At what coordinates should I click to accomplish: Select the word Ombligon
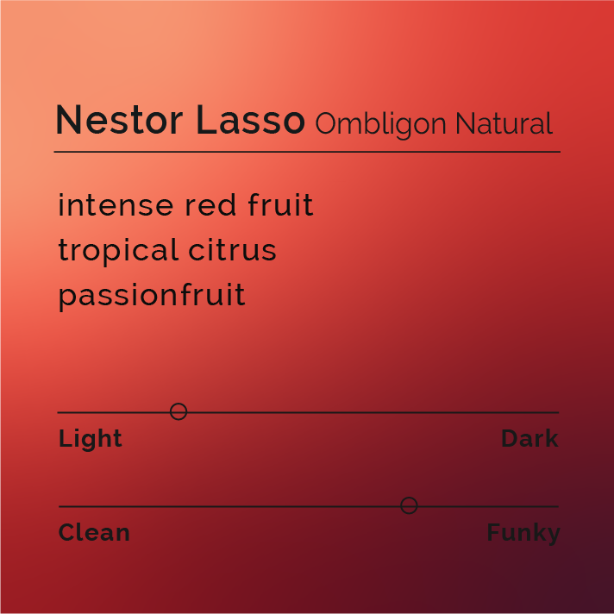point(380,125)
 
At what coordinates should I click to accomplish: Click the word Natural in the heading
point(504,124)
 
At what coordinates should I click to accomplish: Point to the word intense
point(116,206)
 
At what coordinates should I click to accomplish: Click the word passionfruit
point(152,296)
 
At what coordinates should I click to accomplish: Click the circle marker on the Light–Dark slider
point(179,411)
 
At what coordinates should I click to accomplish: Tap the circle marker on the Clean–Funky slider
point(409,505)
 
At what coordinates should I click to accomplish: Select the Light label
point(91,439)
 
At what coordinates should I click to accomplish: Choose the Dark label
point(529,439)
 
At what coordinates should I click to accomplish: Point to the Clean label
point(94,533)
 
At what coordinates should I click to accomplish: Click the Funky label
point(523,533)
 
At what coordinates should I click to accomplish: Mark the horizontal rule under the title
point(307,152)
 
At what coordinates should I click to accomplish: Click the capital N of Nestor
point(68,121)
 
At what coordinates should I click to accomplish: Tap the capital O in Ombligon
point(326,125)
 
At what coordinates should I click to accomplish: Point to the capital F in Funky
point(493,532)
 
